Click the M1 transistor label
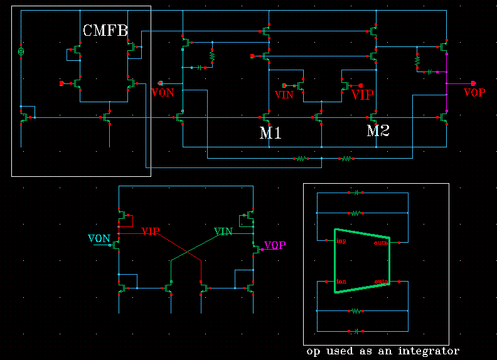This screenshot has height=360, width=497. (270, 133)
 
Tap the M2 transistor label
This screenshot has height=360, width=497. (378, 131)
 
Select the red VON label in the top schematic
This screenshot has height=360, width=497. (163, 93)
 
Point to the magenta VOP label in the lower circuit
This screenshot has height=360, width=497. (275, 245)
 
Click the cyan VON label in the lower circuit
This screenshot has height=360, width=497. (99, 238)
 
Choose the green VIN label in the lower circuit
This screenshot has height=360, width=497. (223, 231)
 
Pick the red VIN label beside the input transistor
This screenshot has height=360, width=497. (284, 95)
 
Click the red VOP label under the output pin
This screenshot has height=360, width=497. (474, 93)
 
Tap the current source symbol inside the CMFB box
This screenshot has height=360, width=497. (21, 50)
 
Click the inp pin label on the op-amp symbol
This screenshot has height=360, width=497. (341, 240)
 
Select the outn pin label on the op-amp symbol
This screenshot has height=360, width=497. (380, 242)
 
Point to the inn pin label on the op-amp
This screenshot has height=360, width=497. (341, 281)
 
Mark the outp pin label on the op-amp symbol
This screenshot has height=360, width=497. (380, 282)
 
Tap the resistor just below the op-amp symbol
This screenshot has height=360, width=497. (355, 310)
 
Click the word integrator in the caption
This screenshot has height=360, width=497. (429, 351)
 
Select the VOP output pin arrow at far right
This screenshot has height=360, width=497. (474, 83)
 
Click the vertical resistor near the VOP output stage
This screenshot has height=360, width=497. (417, 60)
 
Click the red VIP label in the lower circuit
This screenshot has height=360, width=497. (151, 231)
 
